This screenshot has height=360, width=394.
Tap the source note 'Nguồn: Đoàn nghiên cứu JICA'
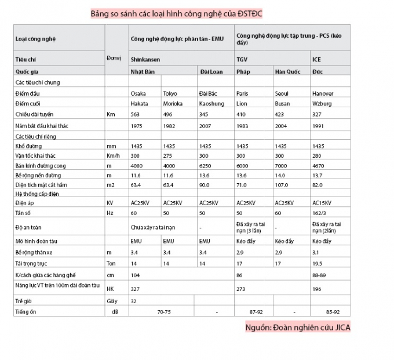pyautogui.click(x=298, y=328)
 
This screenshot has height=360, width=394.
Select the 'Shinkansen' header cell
pyautogui.click(x=145, y=60)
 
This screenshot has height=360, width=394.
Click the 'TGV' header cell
pyautogui.click(x=242, y=60)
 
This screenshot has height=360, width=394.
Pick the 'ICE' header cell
pyautogui.click(x=316, y=60)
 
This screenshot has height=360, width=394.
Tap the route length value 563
pyautogui.click(x=136, y=114)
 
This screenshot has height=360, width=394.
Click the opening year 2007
pyautogui.click(x=205, y=125)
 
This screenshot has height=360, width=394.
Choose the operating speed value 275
pyautogui.click(x=169, y=157)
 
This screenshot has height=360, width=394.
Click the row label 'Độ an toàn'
pyautogui.click(x=28, y=227)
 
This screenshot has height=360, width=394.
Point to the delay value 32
pyautogui.click(x=134, y=301)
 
